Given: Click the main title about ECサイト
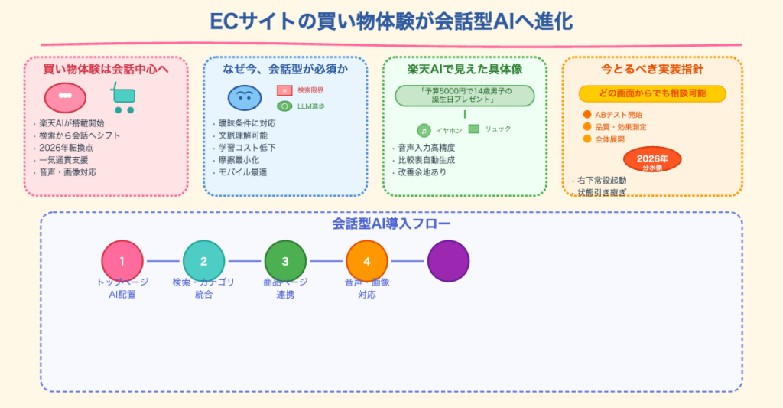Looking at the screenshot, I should (391, 21).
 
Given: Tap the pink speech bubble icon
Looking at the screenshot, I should (65, 97).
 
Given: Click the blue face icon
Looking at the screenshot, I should (245, 97).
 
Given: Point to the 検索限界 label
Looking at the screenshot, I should (310, 90).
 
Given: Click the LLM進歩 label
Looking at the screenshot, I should (310, 106).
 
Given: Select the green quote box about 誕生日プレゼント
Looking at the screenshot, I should (465, 96).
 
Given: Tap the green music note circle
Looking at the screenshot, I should (424, 131).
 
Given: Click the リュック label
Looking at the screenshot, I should (498, 129).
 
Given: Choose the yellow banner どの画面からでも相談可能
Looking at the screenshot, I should (652, 93).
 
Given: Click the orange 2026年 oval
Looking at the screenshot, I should (652, 160).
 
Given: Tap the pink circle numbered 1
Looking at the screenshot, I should (122, 261).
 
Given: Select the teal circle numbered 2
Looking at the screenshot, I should (203, 261).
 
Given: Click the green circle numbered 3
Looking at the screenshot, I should (285, 261).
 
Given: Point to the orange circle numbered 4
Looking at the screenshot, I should (367, 261).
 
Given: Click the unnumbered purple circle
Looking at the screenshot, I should (448, 261).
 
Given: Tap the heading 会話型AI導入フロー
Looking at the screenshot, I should (391, 224).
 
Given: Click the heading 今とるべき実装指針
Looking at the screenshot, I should (652, 70).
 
